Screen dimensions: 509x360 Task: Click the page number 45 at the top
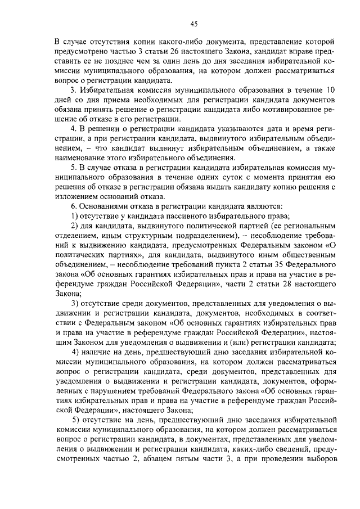tap(194, 23)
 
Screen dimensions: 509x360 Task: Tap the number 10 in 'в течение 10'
tap(331, 91)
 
